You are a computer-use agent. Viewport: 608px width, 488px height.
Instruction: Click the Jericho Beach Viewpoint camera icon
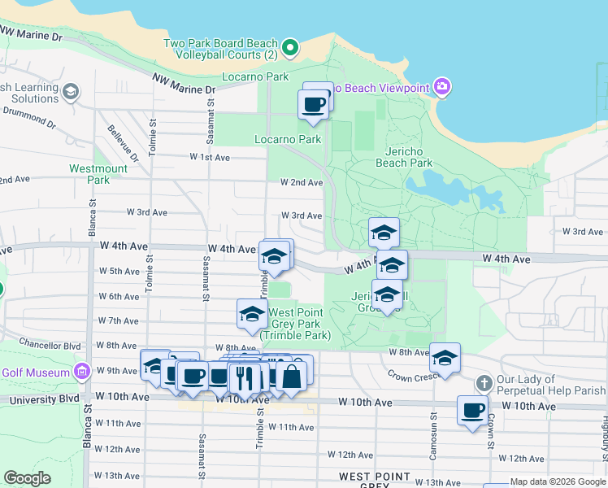pos(441,87)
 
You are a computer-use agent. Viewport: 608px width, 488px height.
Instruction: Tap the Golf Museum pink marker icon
pos(81,372)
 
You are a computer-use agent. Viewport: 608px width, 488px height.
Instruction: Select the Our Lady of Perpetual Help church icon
pos(484,383)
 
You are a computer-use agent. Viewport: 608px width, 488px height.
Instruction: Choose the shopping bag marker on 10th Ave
pos(292,376)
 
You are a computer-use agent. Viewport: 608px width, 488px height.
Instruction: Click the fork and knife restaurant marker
pos(244,377)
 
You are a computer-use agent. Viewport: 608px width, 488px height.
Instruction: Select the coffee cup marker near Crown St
pos(472,410)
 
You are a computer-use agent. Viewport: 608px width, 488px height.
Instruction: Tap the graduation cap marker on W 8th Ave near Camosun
pos(445,357)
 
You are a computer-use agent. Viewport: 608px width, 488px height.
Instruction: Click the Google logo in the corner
pos(27,478)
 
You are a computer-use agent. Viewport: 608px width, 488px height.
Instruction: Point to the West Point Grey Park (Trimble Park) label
pos(296,324)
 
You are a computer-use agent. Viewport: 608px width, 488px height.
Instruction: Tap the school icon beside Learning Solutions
pos(71,90)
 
